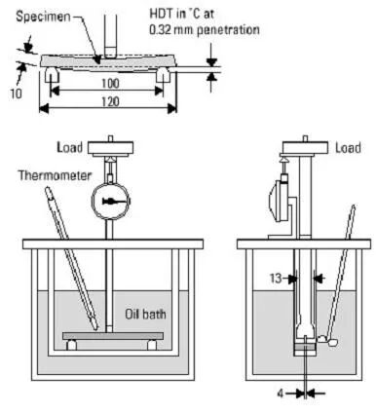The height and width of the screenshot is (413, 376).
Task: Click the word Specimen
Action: click(x=43, y=17)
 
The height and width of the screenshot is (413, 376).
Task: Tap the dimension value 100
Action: click(x=110, y=84)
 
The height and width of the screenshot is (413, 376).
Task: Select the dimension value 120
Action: click(x=110, y=102)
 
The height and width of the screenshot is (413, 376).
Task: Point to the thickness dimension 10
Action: click(x=16, y=94)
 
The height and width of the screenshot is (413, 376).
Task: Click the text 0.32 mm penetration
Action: click(x=205, y=30)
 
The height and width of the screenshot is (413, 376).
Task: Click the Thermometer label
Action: click(x=55, y=175)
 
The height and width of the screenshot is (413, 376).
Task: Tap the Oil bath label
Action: click(x=145, y=314)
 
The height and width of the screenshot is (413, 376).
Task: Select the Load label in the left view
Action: click(x=69, y=147)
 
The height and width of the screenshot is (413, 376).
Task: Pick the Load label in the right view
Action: click(x=348, y=148)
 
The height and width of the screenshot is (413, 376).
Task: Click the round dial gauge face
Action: click(x=111, y=202)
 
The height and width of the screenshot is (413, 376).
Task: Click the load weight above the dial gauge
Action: click(x=111, y=148)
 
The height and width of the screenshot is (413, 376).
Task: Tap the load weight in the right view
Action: click(x=305, y=147)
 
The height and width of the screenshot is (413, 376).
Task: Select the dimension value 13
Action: click(x=276, y=279)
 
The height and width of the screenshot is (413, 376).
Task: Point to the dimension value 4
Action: click(x=281, y=394)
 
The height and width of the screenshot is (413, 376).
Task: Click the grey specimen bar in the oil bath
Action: click(x=113, y=336)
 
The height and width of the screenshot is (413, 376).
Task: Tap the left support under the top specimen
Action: click(x=52, y=75)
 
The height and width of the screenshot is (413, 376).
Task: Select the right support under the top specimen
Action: click(x=164, y=75)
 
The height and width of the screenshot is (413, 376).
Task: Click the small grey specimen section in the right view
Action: click(x=305, y=348)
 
